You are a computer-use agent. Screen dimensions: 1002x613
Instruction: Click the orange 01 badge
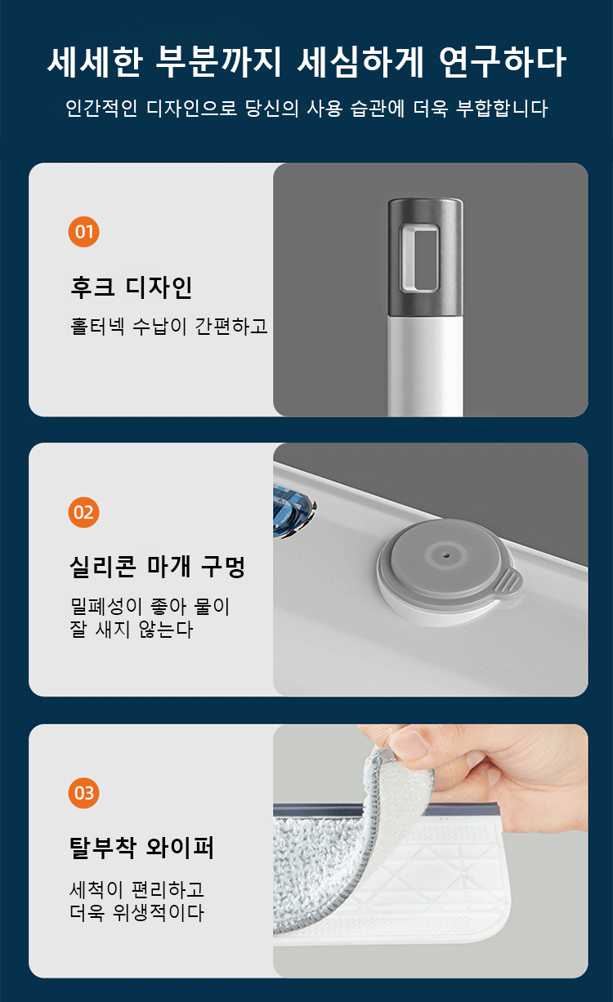point(83,232)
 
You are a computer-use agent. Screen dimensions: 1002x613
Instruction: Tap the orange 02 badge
point(83,512)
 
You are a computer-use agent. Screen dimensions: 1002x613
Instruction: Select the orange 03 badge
point(83,793)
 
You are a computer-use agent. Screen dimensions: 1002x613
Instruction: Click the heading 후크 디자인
point(131,287)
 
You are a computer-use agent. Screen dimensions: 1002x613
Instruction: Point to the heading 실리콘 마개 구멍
point(157,567)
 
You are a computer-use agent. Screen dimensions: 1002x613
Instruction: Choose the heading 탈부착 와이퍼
point(141,848)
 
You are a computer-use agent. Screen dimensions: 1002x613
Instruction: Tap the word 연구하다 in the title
point(502,63)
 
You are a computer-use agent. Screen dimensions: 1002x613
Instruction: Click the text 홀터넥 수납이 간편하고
point(168,327)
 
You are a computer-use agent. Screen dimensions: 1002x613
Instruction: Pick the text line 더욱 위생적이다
point(136,912)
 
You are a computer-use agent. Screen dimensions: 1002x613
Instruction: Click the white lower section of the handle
point(425,367)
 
